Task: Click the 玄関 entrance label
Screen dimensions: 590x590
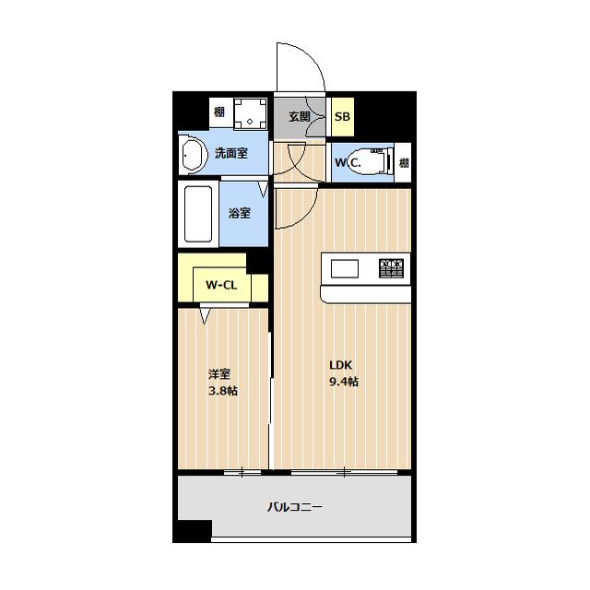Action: click(300, 117)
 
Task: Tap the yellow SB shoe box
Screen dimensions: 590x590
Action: click(342, 117)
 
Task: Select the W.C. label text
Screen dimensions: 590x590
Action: click(348, 163)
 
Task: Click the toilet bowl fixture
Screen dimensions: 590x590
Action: click(371, 161)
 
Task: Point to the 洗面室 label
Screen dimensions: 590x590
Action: click(231, 153)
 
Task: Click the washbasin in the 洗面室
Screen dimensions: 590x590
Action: click(193, 154)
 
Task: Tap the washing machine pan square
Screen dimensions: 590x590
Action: click(250, 113)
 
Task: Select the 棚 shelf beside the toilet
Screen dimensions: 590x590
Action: click(404, 163)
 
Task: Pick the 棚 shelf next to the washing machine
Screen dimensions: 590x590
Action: click(219, 112)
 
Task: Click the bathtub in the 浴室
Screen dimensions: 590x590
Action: click(198, 214)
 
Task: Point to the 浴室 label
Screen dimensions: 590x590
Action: click(240, 213)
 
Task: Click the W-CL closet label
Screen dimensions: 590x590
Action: click(221, 285)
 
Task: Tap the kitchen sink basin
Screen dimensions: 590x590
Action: click(344, 268)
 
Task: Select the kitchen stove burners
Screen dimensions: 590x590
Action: click(391, 268)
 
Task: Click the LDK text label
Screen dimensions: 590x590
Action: click(341, 365)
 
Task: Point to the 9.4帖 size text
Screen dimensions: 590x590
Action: click(344, 382)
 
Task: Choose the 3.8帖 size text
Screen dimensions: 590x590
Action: click(223, 391)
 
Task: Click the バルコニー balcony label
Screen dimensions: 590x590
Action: click(295, 507)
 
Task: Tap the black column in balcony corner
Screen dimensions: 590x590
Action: click(195, 531)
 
